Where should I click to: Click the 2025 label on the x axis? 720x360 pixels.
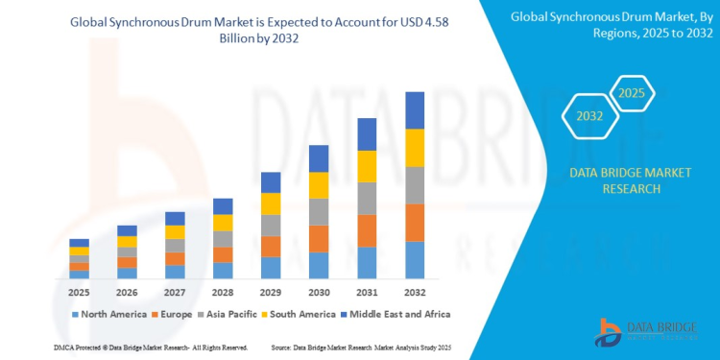tap(79, 292)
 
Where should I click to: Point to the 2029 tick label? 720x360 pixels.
tap(271, 292)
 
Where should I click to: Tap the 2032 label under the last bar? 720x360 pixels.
tap(415, 292)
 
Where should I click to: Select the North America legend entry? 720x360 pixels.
tap(108, 314)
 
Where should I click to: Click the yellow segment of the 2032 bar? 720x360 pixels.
tap(415, 148)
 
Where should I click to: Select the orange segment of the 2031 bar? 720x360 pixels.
tap(367, 230)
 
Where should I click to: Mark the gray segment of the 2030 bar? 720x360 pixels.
tap(319, 211)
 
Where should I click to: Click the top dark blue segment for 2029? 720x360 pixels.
tap(271, 182)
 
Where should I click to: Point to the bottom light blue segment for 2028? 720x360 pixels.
tap(223, 271)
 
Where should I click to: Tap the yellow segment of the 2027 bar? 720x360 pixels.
tap(175, 232)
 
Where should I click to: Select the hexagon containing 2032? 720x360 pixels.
tap(588, 116)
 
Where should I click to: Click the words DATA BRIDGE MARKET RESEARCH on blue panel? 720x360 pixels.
tap(616, 181)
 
